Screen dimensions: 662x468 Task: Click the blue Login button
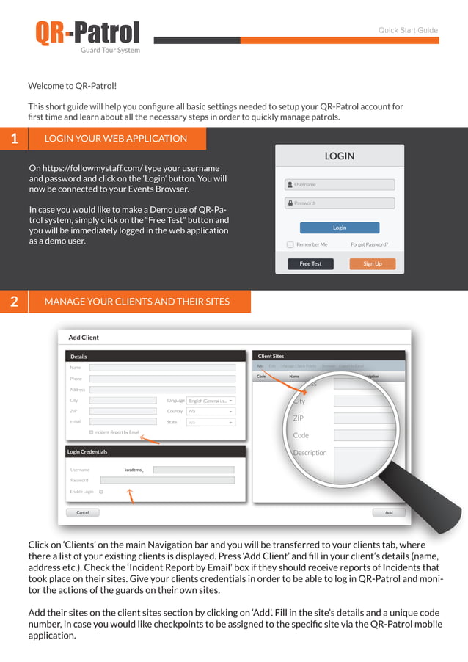[340, 228]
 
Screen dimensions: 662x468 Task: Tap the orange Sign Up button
[373, 263]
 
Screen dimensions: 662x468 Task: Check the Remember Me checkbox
[290, 244]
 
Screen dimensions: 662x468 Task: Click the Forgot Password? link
[369, 244]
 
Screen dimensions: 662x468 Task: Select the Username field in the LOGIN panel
[340, 185]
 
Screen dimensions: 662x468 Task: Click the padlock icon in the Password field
[290, 203]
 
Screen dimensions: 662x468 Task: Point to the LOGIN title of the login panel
[340, 156]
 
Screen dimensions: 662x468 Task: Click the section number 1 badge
[14, 139]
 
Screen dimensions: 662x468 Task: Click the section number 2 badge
[14, 302]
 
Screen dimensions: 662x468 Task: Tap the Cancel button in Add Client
[83, 512]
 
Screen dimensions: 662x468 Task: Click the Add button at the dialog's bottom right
[389, 512]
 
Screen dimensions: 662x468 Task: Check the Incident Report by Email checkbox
[91, 432]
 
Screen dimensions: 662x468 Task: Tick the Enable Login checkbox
[101, 491]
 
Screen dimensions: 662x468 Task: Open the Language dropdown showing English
[211, 401]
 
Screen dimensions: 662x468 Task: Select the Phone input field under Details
[162, 379]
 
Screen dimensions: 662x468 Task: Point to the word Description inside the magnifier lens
[310, 453]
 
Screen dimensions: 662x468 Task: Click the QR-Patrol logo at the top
[87, 34]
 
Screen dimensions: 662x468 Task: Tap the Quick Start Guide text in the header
[408, 31]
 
